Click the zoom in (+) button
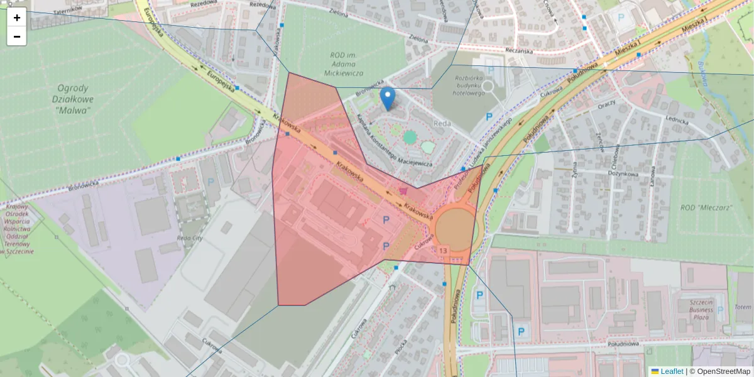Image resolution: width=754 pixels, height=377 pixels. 17,18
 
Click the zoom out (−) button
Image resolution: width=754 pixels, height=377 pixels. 17,36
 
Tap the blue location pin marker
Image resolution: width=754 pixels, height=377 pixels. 388,99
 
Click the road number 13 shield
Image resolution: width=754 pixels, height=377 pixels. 444,251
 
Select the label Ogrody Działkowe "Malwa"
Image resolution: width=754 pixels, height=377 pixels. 72,99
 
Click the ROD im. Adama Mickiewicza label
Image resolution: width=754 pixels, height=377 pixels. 344,64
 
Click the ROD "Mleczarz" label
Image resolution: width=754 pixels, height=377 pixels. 706,207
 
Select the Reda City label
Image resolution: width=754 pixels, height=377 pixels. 189,239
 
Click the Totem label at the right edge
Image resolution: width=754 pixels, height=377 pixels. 743,307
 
